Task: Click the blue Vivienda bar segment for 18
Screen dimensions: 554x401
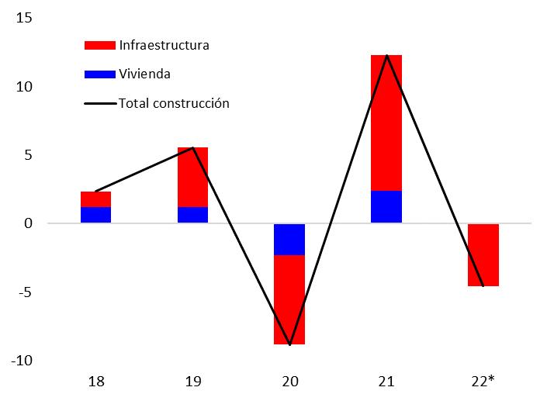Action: click(95, 214)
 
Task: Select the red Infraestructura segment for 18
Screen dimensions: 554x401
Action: click(95, 199)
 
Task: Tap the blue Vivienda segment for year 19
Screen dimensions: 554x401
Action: click(192, 214)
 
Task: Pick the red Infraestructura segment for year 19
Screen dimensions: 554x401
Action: click(192, 177)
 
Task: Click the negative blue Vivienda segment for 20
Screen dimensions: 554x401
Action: click(289, 240)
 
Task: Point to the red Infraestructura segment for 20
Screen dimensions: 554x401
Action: click(289, 299)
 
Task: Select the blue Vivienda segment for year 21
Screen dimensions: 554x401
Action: click(386, 206)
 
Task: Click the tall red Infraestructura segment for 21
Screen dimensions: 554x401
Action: click(386, 123)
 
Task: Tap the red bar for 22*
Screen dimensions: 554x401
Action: click(483, 255)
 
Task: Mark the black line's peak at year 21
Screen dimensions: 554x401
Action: click(387, 55)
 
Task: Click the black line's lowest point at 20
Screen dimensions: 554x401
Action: click(290, 345)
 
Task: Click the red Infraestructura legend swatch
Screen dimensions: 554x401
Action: click(100, 45)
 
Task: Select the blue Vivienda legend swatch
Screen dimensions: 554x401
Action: click(100, 74)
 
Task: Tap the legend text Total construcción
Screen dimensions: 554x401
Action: click(174, 103)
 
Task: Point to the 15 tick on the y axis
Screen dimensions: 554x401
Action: click(24, 18)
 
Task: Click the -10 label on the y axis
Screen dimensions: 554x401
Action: click(22, 361)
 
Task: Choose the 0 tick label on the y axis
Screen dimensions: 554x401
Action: click(28, 223)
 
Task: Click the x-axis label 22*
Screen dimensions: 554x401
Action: click(483, 382)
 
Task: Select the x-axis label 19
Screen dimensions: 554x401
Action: click(193, 382)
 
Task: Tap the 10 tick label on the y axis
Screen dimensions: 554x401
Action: click(24, 87)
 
